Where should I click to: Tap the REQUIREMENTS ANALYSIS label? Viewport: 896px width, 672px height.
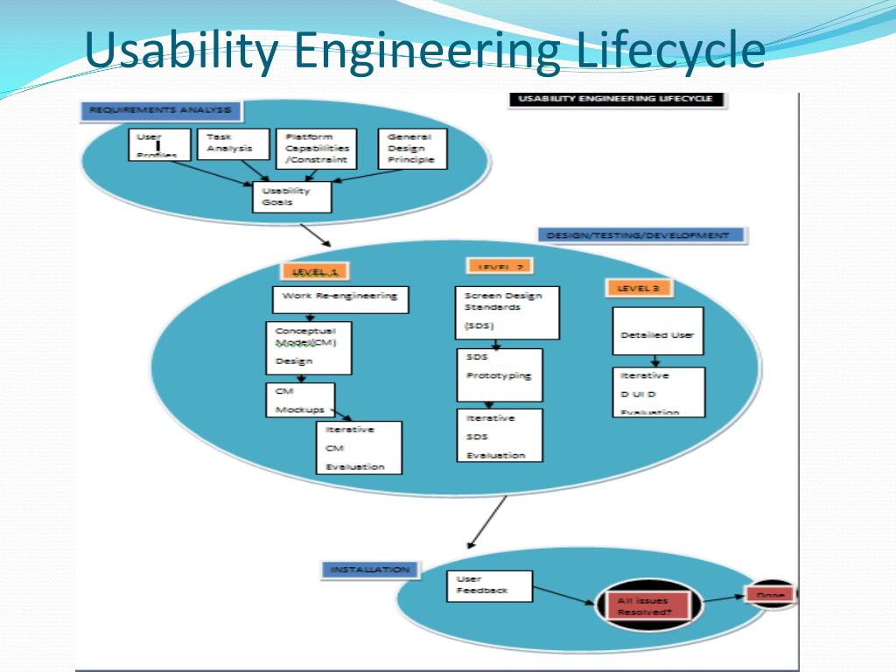tap(160, 110)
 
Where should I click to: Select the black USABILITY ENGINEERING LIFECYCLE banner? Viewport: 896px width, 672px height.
tap(617, 99)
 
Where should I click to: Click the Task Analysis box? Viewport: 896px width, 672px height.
tap(233, 143)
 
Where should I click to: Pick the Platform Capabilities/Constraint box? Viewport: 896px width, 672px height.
tap(316, 148)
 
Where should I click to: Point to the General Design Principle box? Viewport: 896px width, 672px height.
tap(411, 148)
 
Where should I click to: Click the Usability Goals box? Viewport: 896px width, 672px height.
tap(292, 196)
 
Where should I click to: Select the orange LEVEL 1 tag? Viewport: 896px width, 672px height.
tap(315, 272)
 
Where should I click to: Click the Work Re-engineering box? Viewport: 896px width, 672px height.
tap(340, 297)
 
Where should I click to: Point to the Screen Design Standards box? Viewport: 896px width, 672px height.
tap(507, 312)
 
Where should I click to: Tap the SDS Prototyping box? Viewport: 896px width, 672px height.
tap(499, 374)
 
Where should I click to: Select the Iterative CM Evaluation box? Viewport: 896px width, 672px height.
tap(359, 447)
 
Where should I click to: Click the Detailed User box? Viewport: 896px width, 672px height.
tap(657, 331)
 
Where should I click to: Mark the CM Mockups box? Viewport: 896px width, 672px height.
tap(300, 400)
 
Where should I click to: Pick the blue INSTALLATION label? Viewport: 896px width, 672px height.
tap(370, 570)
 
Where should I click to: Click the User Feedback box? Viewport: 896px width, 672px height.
tap(489, 585)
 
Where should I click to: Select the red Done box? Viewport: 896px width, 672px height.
tap(770, 595)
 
